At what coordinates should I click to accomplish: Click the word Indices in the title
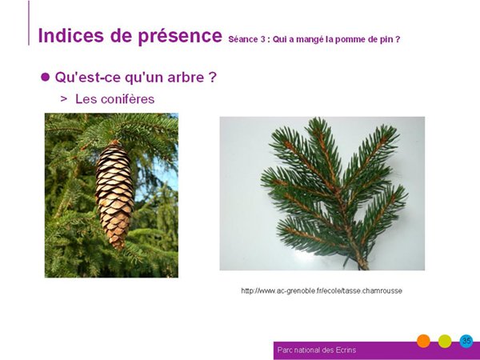click(70, 35)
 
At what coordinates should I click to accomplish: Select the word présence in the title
click(180, 37)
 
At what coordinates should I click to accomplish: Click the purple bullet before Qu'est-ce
click(45, 77)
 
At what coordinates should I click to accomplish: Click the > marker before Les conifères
click(64, 98)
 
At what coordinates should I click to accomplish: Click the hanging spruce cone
click(114, 194)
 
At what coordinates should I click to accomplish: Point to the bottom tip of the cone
click(119, 249)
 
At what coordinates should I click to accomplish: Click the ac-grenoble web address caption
click(322, 290)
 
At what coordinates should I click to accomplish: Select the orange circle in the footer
click(423, 341)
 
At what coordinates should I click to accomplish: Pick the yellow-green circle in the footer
click(445, 341)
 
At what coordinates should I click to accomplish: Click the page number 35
click(466, 341)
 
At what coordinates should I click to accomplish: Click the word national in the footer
click(306, 350)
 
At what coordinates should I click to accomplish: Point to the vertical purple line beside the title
click(29, 23)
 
